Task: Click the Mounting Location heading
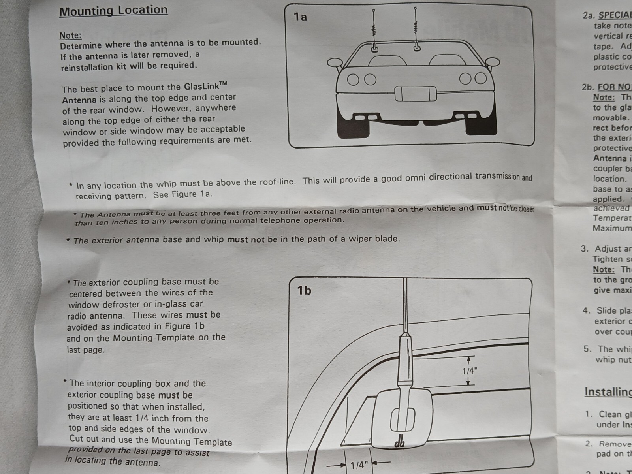tap(113, 11)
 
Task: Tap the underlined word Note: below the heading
tap(70, 35)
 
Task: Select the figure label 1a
tap(300, 17)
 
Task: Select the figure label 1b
tap(304, 291)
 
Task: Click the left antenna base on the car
tap(374, 48)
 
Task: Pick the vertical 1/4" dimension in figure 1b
tap(470, 371)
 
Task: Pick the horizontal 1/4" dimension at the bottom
tap(359, 465)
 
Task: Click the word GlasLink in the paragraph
tap(200, 87)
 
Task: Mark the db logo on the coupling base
tap(400, 442)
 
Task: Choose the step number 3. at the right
tap(584, 249)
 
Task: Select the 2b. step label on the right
tap(587, 87)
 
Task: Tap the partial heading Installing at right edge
tap(608, 392)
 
